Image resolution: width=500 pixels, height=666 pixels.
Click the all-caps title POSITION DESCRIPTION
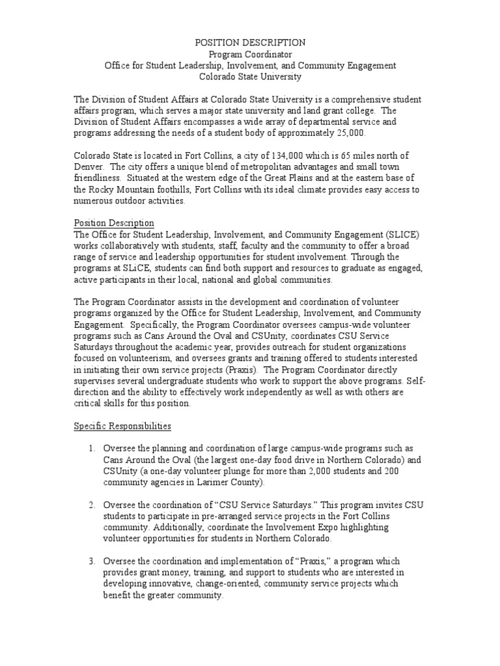250,42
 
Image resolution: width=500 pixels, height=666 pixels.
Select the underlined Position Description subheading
114,223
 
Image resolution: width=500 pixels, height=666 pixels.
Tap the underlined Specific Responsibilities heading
122,426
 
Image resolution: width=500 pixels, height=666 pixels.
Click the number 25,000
348,133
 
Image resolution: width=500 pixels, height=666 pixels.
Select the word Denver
87,166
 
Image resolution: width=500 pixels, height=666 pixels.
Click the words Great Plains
295,178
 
